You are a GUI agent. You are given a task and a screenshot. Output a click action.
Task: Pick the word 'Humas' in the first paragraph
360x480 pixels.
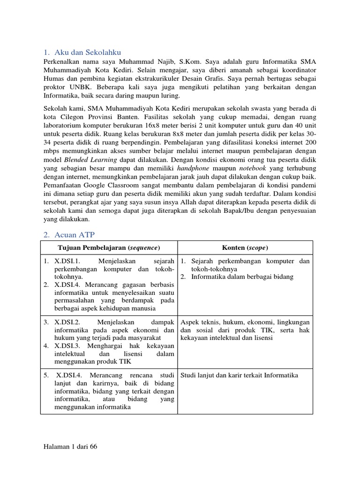click(52, 79)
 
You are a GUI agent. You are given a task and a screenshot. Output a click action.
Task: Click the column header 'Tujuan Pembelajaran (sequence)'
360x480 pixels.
click(109, 247)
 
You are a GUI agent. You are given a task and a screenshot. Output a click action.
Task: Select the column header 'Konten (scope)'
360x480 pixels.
click(245, 247)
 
